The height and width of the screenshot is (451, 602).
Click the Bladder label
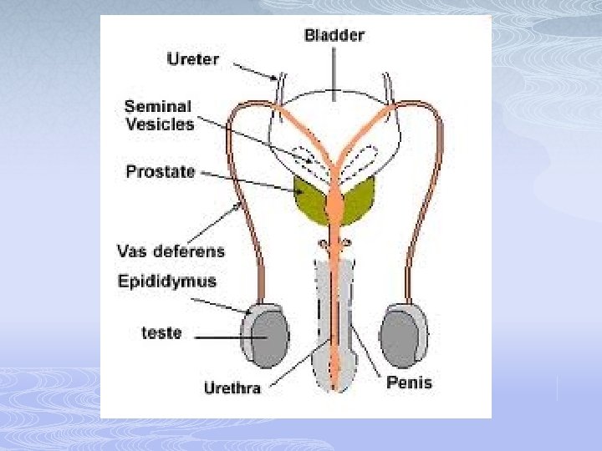click(x=334, y=35)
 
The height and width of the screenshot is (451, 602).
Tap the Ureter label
click(x=193, y=59)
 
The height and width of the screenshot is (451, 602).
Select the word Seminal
click(x=158, y=107)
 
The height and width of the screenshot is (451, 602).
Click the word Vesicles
click(x=159, y=124)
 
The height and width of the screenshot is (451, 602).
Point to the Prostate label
click(x=161, y=172)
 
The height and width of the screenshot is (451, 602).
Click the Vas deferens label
click(x=171, y=251)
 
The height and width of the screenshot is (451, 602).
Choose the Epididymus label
click(x=166, y=281)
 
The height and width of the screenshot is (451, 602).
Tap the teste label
click(x=161, y=332)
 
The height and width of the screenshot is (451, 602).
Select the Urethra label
click(x=232, y=388)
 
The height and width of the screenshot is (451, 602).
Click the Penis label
click(x=409, y=383)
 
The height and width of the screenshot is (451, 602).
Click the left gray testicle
click(x=266, y=338)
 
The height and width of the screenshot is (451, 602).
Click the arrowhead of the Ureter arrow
click(x=277, y=79)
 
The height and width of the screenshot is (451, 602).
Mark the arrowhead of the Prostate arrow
click(x=302, y=191)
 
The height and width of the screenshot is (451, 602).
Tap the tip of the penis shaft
click(x=334, y=386)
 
